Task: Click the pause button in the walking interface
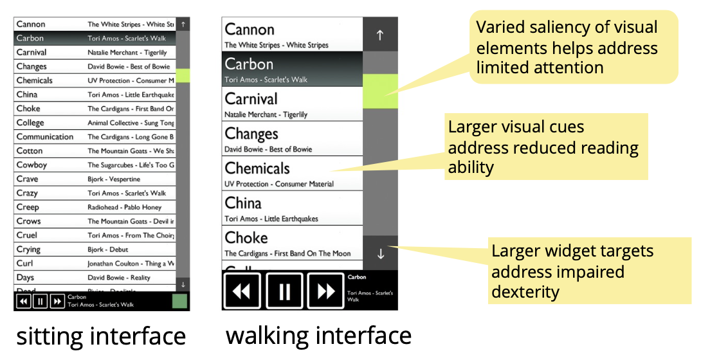tap(284, 291)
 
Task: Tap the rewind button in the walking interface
tap(242, 291)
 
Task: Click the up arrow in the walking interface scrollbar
tap(380, 35)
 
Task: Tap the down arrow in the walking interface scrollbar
tap(380, 253)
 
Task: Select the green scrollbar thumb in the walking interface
tap(380, 91)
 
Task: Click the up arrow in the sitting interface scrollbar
tap(183, 24)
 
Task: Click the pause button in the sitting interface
tap(40, 301)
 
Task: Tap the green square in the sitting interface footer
tap(179, 301)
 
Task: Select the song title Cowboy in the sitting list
tap(32, 165)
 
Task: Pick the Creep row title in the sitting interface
tap(28, 207)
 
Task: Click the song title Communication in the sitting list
tap(45, 137)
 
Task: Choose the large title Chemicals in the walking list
tap(257, 168)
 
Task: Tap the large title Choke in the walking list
tap(246, 238)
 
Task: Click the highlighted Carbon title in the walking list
tap(249, 64)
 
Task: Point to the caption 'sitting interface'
tap(101, 336)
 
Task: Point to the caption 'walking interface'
tap(318, 336)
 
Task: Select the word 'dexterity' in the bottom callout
tap(525, 292)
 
